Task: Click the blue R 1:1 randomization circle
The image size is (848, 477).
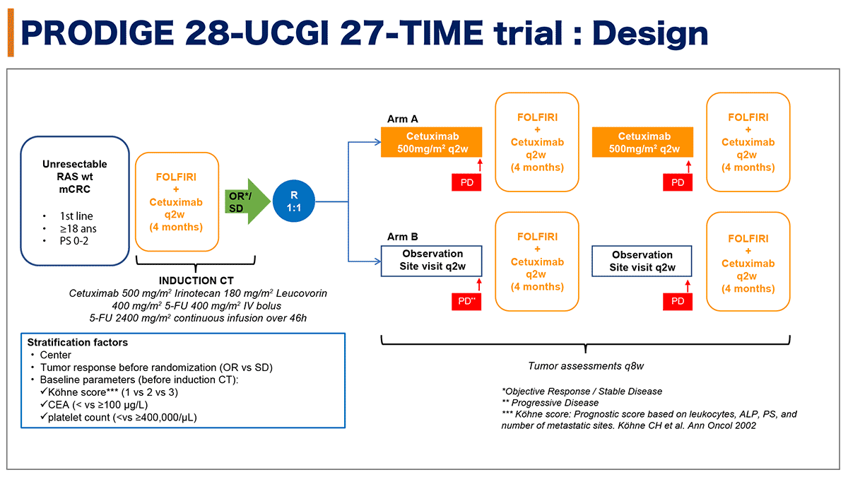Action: pos(293,201)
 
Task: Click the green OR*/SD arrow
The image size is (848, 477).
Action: pos(247,201)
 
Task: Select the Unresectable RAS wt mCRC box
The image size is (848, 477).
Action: pos(75,201)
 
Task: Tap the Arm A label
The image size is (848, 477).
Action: pos(402,119)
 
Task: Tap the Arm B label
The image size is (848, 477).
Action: pos(402,237)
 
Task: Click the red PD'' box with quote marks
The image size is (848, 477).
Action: pos(466,301)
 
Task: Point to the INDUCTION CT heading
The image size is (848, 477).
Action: pos(196,281)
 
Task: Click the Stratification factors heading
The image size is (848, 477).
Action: pos(78,342)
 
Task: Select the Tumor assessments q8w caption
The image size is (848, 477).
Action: pos(586,366)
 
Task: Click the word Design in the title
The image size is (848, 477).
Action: pos(650,33)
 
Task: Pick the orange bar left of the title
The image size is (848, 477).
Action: pos(11,33)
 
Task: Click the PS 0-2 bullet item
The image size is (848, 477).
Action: pos(73,241)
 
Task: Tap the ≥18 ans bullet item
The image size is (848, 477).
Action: pos(78,228)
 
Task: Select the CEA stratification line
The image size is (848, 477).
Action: pos(94,405)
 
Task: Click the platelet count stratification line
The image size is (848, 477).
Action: pos(119,417)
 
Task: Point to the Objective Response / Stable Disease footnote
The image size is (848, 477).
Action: pos(582,391)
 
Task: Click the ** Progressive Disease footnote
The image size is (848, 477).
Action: pos(550,402)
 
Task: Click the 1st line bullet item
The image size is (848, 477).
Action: pos(76,216)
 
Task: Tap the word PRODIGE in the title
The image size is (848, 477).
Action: pos(98,33)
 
